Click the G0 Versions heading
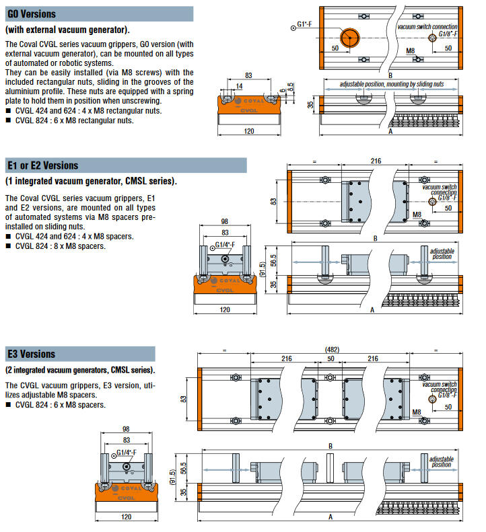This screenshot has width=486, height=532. click(x=32, y=14)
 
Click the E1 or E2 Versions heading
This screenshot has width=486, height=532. click(x=43, y=165)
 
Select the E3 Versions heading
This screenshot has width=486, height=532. click(x=31, y=354)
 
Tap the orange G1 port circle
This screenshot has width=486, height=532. click(x=349, y=38)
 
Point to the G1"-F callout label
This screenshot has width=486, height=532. click(x=304, y=24)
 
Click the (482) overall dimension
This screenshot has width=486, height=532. click(x=332, y=350)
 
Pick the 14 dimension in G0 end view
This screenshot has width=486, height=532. click(x=240, y=86)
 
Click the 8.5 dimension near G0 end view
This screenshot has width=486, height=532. click(x=290, y=87)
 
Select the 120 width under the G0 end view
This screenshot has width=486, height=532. click(x=249, y=131)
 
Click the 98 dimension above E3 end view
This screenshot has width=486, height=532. click(x=126, y=429)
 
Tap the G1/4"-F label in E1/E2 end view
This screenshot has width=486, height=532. click(x=225, y=245)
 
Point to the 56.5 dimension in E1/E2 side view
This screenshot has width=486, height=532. click(x=273, y=260)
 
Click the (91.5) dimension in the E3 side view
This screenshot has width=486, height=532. click(x=172, y=477)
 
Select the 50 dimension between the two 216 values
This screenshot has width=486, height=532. click(x=331, y=358)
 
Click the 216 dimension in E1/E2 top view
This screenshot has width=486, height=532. click(x=376, y=161)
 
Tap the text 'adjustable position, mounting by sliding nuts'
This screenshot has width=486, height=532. click(x=392, y=84)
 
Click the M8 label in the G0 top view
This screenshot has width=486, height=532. click(x=410, y=51)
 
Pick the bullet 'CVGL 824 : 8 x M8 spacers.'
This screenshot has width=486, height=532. click(x=56, y=246)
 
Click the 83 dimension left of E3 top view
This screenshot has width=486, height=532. click(x=183, y=399)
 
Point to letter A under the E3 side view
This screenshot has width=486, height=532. click(x=331, y=517)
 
